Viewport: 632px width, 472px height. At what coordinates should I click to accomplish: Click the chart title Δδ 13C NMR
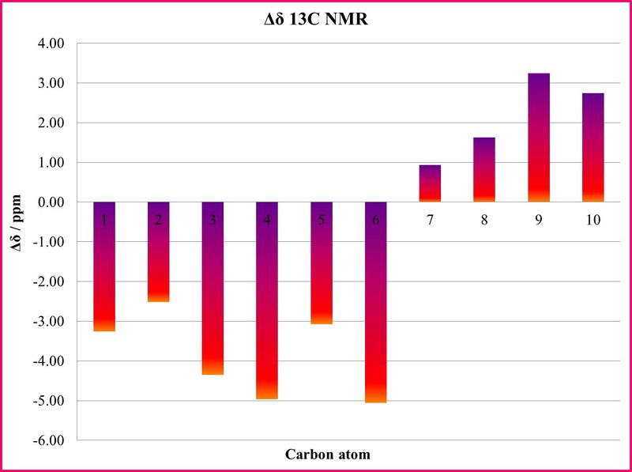[x=316, y=21]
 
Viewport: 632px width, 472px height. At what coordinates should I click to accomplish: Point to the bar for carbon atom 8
[x=484, y=170]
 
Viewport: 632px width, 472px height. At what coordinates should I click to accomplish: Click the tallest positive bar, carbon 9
[x=538, y=138]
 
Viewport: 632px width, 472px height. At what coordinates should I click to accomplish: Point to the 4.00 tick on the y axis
[x=49, y=43]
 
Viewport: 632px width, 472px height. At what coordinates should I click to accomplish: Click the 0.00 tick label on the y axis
[x=49, y=202]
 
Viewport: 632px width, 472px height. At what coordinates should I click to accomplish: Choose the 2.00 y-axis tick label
[x=49, y=123]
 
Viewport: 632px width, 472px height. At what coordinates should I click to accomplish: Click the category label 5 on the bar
[x=322, y=221]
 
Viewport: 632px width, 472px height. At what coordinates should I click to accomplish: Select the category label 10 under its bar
[x=592, y=221]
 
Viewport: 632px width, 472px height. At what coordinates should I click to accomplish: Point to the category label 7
[x=430, y=221]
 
